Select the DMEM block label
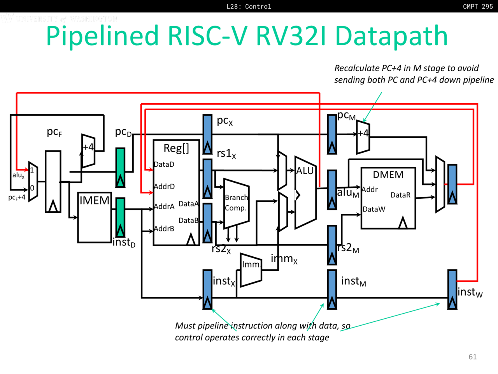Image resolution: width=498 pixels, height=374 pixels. (388, 175)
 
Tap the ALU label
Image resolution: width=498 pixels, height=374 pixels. (305, 171)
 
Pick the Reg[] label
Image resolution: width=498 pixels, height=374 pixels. (176, 148)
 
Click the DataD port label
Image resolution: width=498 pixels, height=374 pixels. (164, 164)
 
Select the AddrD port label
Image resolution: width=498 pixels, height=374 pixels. (164, 187)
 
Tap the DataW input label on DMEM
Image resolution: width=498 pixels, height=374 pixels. (374, 209)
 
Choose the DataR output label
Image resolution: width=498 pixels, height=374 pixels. (400, 195)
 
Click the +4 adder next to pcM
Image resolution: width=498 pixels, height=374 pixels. (363, 137)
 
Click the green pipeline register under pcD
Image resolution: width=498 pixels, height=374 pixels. (121, 168)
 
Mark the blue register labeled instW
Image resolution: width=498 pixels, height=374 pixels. (452, 289)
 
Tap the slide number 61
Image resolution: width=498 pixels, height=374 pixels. (473, 357)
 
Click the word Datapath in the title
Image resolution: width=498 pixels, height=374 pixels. (391, 36)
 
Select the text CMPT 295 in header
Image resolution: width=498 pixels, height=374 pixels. (478, 6)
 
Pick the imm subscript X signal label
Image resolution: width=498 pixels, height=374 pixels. (284, 259)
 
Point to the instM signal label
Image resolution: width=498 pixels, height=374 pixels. (353, 281)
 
